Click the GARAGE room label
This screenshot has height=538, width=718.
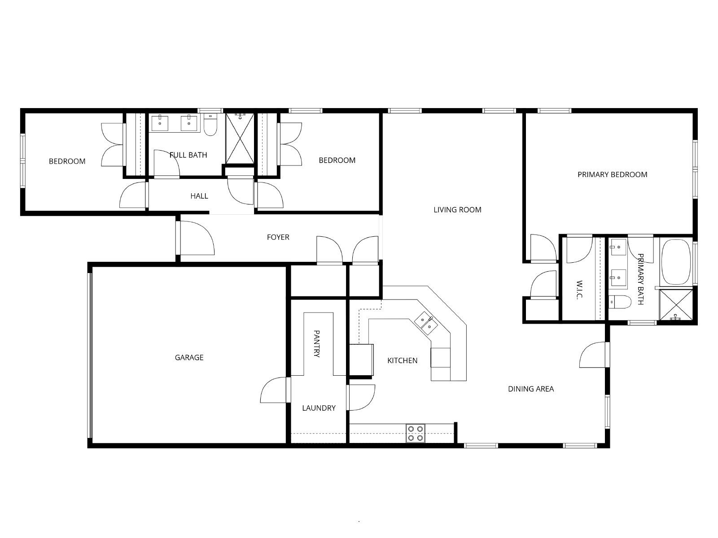coord(189,357)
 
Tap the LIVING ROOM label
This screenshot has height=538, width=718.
coord(457,210)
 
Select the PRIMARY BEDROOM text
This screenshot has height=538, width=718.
coord(613,174)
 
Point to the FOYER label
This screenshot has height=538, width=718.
coord(278,237)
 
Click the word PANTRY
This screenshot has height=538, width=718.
coord(317,343)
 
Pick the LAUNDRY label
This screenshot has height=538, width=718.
coord(319,408)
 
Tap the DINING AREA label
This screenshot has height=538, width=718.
coord(531,389)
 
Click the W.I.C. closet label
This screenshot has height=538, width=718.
coord(579,290)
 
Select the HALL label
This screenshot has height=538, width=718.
coord(199,196)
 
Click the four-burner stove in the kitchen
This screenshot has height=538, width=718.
coord(416,433)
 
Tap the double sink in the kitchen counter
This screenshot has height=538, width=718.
coord(426,323)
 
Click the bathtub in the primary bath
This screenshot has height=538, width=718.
coord(676,262)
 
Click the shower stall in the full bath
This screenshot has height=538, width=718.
coord(240,138)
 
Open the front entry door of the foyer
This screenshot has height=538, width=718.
coord(195,238)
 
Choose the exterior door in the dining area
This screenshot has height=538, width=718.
coord(594,355)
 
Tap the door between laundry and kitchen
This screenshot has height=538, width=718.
coord(361,397)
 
